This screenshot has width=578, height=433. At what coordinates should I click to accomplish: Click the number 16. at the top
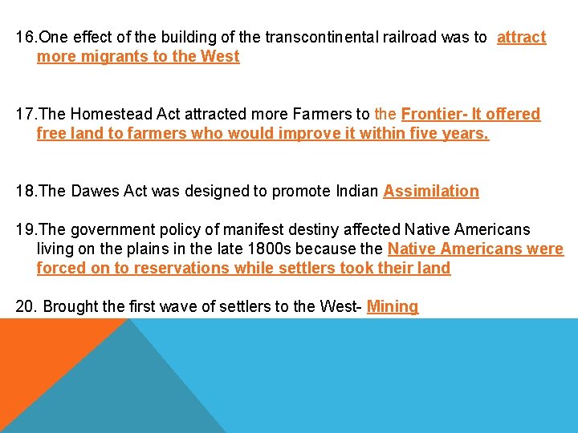(x=26, y=38)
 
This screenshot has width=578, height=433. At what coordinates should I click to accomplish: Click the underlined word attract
(x=521, y=38)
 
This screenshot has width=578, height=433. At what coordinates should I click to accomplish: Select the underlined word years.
(x=465, y=134)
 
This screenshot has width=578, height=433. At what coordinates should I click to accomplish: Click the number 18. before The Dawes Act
(x=26, y=192)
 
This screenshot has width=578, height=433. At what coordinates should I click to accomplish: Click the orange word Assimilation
(x=431, y=192)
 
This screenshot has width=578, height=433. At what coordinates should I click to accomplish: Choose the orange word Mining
(x=393, y=307)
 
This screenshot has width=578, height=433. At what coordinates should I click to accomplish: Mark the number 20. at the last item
(x=27, y=307)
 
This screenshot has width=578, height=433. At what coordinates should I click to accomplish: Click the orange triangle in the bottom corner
(x=40, y=369)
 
